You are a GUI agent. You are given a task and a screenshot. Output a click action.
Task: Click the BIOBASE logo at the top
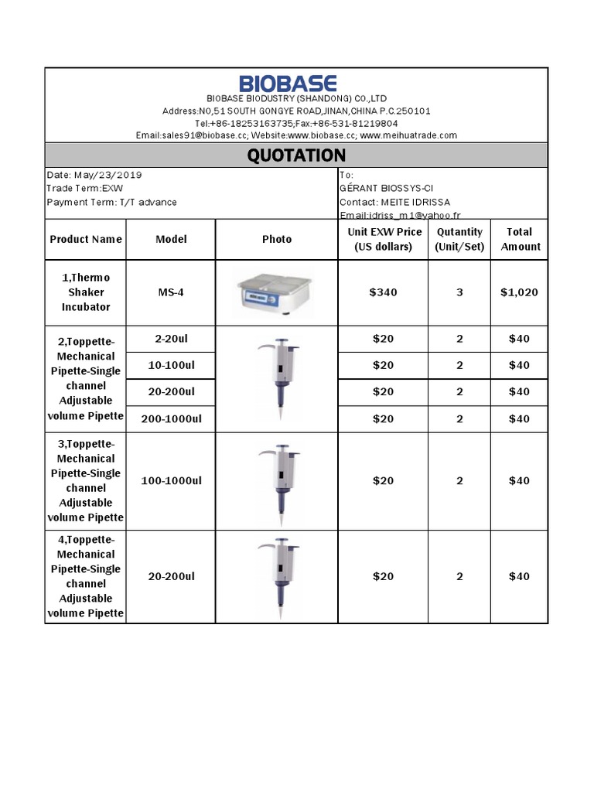287,84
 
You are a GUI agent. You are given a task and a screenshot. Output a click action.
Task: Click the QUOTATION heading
296,155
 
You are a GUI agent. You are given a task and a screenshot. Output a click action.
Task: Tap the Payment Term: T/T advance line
111,202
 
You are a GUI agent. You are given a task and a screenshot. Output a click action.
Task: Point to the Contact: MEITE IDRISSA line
394,202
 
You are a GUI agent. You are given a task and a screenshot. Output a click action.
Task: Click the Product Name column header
86,239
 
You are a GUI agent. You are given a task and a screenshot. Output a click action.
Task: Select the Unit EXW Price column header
384,239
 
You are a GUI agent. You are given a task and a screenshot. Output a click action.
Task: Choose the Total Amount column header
519,239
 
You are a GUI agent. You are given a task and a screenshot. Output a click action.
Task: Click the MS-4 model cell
171,292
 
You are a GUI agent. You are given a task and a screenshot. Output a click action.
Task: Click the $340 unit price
383,292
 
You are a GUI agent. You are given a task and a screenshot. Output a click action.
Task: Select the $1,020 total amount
519,292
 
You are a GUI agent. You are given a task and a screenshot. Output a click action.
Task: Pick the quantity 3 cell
459,292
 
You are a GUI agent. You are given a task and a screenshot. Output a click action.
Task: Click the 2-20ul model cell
171,338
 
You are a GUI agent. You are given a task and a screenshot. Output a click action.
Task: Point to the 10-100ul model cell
171,364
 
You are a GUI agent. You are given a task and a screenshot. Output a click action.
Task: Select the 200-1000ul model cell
171,418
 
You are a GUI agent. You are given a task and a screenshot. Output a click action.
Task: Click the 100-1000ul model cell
171,480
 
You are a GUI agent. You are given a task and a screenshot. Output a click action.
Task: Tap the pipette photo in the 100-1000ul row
276,480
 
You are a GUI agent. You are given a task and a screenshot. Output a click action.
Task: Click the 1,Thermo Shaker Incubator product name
86,292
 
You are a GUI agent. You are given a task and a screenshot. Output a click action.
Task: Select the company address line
296,111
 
